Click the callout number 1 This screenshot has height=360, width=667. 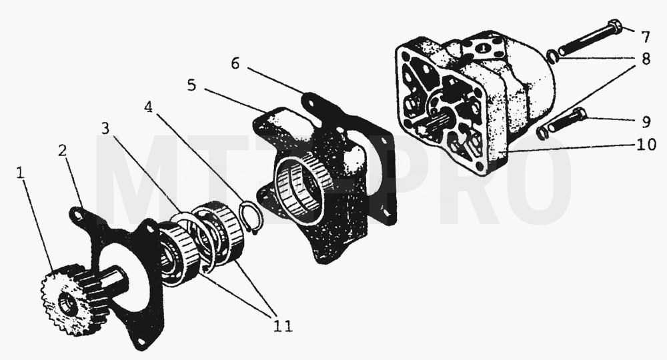(x=19, y=173)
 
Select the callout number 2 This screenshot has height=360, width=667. (x=63, y=150)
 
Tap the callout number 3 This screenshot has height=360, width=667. (x=105, y=127)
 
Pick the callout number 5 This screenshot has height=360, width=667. (x=192, y=85)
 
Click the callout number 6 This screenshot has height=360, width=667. (x=235, y=64)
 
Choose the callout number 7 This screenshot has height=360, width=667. (x=645, y=37)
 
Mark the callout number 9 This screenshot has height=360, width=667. (x=646, y=122)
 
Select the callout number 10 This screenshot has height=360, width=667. (x=646, y=145)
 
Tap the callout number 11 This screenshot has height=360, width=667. (x=283, y=326)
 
